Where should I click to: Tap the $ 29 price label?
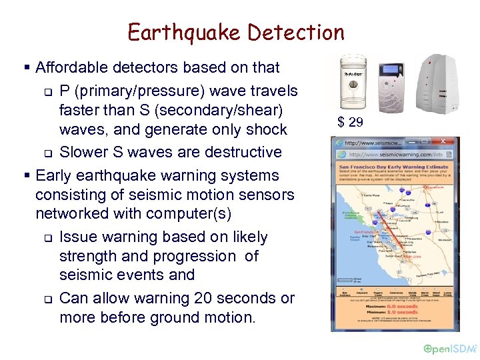pyautogui.click(x=351, y=121)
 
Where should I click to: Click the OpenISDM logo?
pyautogui.click(x=451, y=348)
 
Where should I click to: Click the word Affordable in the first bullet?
pyautogui.click(x=71, y=67)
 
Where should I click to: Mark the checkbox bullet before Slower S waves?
pyautogui.click(x=47, y=153)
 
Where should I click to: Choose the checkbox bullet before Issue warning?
pyautogui.click(x=47, y=238)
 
